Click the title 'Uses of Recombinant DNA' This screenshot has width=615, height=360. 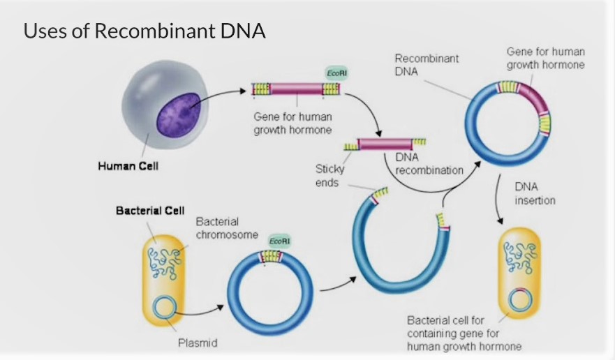point(145,31)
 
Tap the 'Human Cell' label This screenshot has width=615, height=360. point(128,166)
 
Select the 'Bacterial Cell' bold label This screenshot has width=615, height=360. point(149,211)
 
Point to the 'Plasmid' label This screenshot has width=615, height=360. point(198,343)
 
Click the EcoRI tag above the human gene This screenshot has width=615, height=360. point(334,74)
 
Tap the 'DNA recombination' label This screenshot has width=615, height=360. point(419,164)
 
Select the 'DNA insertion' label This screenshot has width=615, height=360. point(535,193)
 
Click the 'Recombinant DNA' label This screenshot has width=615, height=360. point(427,66)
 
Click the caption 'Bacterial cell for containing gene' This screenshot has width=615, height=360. point(464,333)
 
